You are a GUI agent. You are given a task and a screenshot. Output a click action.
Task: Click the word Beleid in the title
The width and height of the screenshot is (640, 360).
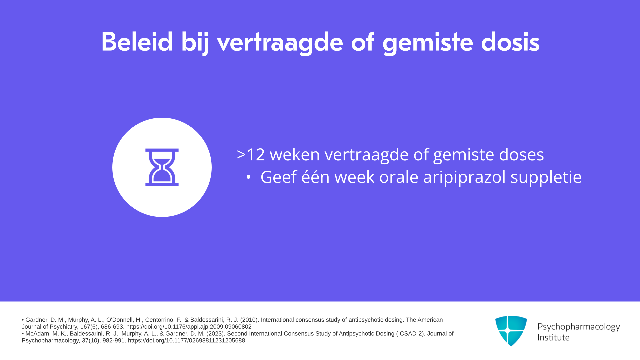point(137,42)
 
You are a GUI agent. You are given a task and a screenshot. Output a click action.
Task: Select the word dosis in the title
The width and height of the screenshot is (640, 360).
point(510,42)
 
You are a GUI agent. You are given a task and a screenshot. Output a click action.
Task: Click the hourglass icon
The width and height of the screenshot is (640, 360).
point(162,167)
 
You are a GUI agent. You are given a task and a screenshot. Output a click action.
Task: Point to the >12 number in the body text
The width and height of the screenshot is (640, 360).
point(251,155)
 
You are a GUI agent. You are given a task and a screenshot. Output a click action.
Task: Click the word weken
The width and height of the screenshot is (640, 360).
point(294,154)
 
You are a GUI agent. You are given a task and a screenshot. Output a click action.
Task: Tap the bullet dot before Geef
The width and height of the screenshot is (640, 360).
point(248,177)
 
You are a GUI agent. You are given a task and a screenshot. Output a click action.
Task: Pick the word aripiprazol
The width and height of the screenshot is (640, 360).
point(464,177)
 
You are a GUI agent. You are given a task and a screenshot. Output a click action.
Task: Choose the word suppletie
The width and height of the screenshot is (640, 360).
point(546,177)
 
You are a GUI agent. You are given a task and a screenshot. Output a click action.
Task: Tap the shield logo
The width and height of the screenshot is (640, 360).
point(511,331)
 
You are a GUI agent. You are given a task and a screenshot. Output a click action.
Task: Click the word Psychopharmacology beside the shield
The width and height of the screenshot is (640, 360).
point(579,327)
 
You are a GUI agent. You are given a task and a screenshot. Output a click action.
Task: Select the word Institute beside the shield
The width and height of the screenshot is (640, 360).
point(553,338)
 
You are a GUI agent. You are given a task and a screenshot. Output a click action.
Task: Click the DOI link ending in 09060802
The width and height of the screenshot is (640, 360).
point(189,327)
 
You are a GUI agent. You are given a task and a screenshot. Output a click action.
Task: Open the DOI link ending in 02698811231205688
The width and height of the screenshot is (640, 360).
point(186,341)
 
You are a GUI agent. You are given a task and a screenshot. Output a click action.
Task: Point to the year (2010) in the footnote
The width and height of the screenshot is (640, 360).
point(249,320)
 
